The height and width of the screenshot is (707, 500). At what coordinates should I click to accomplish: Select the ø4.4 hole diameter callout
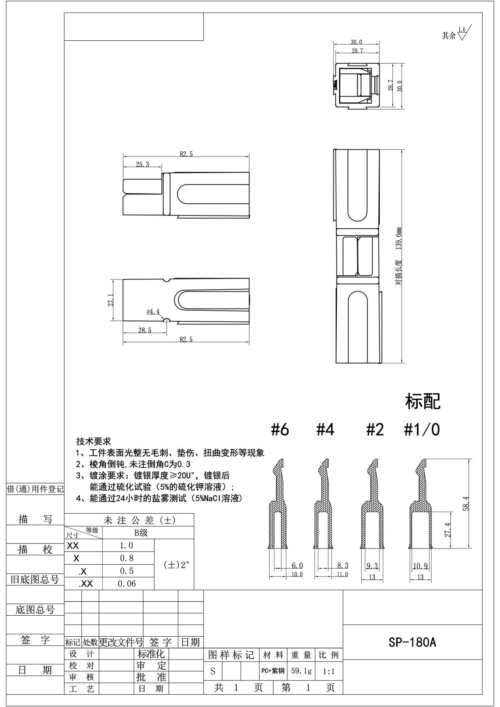[x=153, y=312]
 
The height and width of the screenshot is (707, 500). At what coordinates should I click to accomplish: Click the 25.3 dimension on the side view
[x=142, y=164]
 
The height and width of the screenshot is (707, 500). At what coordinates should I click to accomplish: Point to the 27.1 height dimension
[x=111, y=300]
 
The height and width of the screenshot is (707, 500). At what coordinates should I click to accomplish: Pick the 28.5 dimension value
[x=145, y=330]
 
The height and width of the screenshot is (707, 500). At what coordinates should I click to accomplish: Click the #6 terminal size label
[x=280, y=430]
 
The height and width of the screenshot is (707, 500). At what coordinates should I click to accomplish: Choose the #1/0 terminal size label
[x=422, y=430]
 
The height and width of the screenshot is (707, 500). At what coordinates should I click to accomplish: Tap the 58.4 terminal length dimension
[x=466, y=504]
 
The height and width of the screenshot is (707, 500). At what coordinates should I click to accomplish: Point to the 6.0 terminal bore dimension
[x=297, y=566]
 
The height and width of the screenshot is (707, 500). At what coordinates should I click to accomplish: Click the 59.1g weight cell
[x=301, y=671]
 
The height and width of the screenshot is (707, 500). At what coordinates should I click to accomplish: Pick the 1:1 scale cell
[x=329, y=671]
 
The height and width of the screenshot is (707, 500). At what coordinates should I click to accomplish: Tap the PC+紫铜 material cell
[x=273, y=671]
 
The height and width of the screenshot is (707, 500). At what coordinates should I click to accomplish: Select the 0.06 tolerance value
[x=127, y=583]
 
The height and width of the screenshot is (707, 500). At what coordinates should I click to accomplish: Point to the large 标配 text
[x=423, y=402]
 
